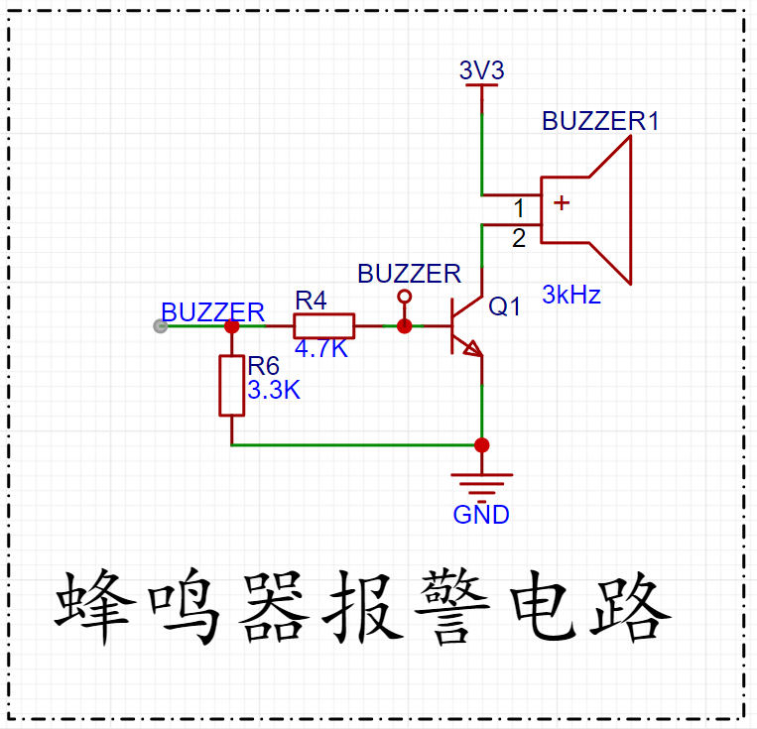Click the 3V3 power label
coord(482,70)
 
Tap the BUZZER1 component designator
coord(600,121)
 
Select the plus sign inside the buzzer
coord(562,202)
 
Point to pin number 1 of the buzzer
coord(519,208)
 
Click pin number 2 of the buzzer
coord(519,238)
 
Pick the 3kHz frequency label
coord(571,295)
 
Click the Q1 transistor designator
coord(505,306)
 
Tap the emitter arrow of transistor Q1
coord(472,348)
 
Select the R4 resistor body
coord(324,326)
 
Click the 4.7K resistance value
coord(321,348)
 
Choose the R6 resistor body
coord(232,385)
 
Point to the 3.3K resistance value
coord(274,390)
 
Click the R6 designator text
coord(263,366)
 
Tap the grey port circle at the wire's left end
coord(161,326)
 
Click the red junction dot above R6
coord(232,326)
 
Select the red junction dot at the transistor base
coord(405,326)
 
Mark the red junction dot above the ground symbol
coord(482,445)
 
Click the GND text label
coord(481,515)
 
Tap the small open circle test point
coord(405,296)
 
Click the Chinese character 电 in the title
coord(543,607)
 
